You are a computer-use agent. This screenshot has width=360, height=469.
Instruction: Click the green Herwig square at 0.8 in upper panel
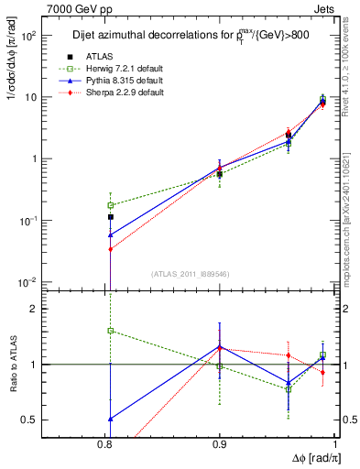coord(111,205)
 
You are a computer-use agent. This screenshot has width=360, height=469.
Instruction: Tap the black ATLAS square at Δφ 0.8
coord(111,217)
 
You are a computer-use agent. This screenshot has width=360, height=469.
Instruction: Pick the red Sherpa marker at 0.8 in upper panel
coord(111,249)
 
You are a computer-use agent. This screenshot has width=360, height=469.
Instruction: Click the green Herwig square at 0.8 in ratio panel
coord(111,331)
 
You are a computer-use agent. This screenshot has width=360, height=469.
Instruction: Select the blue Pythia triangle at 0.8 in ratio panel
coord(111,419)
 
